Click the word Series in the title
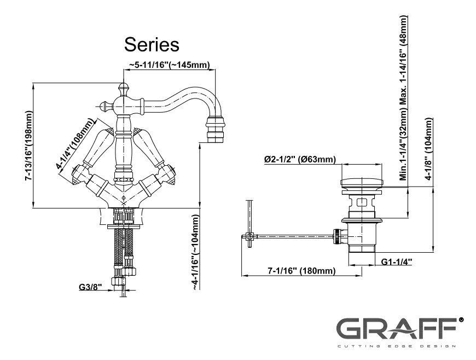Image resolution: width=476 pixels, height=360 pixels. [x=152, y=44]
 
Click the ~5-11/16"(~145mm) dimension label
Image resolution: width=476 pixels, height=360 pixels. [x=170, y=65]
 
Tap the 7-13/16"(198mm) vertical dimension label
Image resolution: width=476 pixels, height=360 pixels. [x=28, y=146]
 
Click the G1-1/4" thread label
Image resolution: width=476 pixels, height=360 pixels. [x=397, y=262]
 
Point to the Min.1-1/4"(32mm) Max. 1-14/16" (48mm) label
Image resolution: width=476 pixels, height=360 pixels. [x=403, y=98]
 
